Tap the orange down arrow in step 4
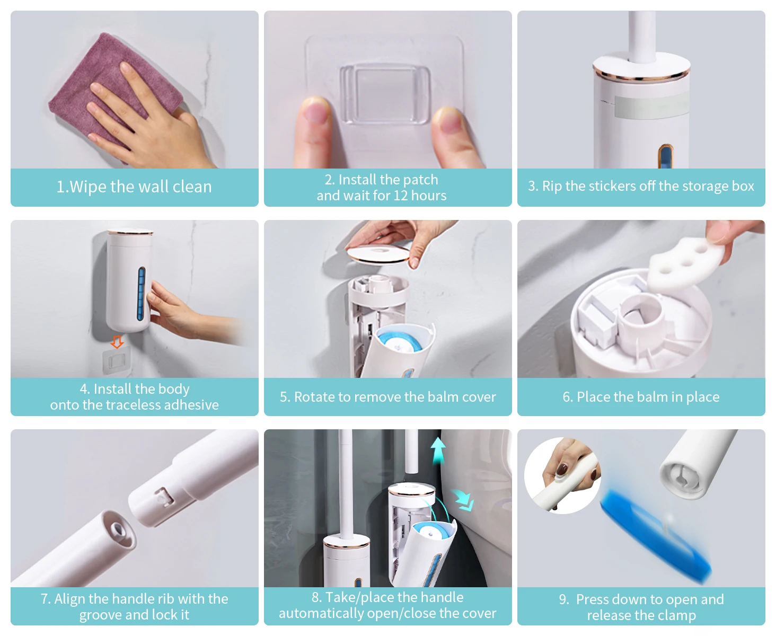[117, 342]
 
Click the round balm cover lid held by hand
[378, 254]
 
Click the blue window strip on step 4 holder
[142, 294]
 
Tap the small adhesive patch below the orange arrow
[117, 362]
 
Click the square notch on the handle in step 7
[164, 497]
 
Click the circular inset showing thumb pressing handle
[562, 475]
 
